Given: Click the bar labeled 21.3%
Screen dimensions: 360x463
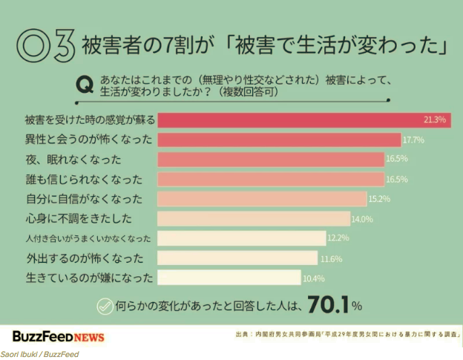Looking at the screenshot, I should pyautogui.click(x=304, y=120).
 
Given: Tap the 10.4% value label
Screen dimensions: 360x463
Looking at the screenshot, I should pyautogui.click(x=312, y=278).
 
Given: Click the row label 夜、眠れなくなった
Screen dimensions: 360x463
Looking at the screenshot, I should pyautogui.click(x=73, y=159).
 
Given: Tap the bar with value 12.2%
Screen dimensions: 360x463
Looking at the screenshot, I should pyautogui.click(x=242, y=238).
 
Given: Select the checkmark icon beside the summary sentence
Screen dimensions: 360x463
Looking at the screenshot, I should pyautogui.click(x=105, y=304).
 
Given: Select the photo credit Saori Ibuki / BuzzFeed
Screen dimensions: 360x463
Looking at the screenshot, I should pyautogui.click(x=39, y=354).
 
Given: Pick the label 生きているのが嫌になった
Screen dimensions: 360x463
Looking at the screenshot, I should pyautogui.click(x=88, y=278).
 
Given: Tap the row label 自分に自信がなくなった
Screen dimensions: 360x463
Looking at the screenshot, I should pyautogui.click(x=82, y=199).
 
